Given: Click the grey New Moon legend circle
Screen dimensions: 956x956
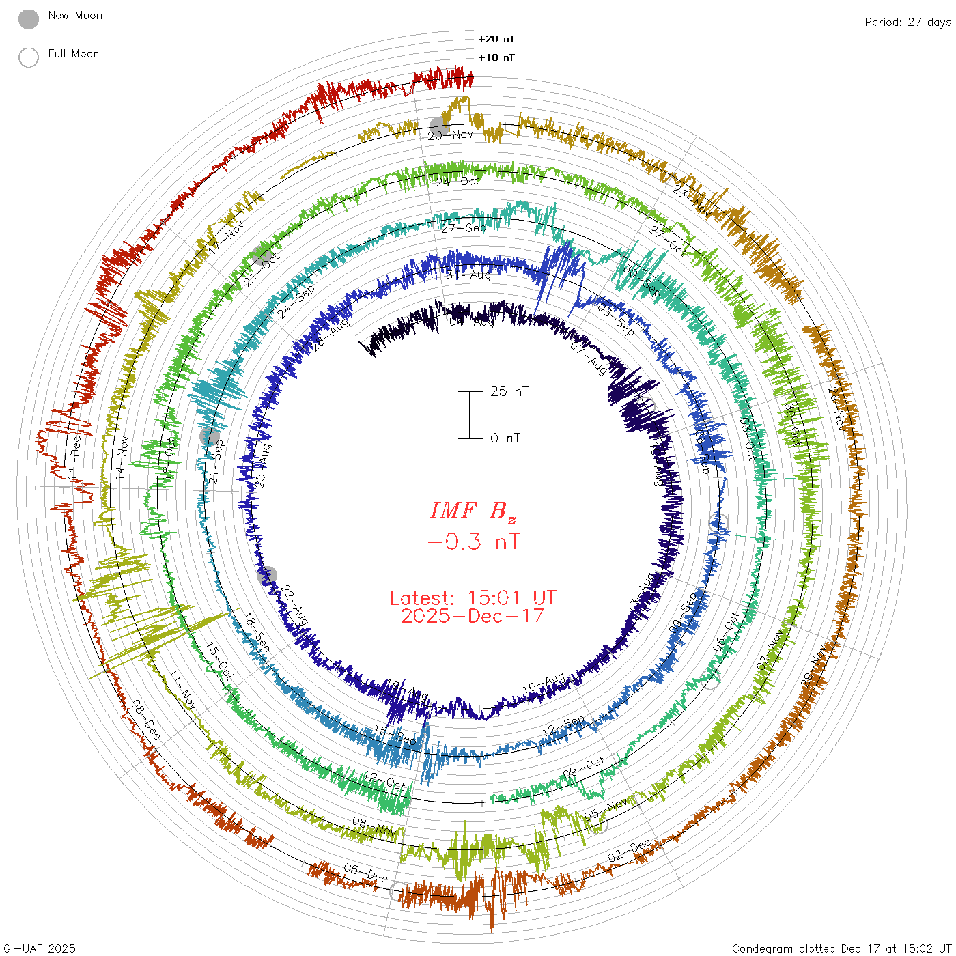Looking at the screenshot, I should coord(29,20).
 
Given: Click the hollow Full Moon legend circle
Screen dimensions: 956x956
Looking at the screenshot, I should coord(29,57).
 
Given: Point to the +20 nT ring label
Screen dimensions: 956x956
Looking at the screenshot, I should coord(496,39).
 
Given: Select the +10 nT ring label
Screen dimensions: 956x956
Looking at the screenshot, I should coord(496,57).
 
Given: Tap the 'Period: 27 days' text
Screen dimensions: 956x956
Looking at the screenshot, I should coord(908,22).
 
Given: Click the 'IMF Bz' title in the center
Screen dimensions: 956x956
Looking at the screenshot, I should coord(473,511).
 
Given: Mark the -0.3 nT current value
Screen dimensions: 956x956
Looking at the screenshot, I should coord(473,542).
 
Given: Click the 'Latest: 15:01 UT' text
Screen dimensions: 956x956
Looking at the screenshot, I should coord(473,598).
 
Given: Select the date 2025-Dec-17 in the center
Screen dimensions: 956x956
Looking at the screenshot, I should coord(473,616).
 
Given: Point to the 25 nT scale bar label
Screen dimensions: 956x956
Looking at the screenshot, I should coord(509,392).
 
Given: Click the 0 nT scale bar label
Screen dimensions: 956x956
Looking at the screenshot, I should coord(505,438).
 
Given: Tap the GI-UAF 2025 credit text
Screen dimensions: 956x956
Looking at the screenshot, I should coord(40,948).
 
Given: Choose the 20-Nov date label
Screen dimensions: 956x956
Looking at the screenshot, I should coord(451,135).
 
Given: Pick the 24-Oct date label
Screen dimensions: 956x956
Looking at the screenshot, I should coord(458,182).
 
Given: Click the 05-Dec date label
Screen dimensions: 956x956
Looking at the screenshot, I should coord(365,872).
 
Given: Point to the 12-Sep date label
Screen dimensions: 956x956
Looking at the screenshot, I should coord(563,727).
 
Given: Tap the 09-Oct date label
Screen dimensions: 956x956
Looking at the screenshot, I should coord(584,768).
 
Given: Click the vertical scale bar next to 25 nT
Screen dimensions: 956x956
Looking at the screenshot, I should coord(470,415).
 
